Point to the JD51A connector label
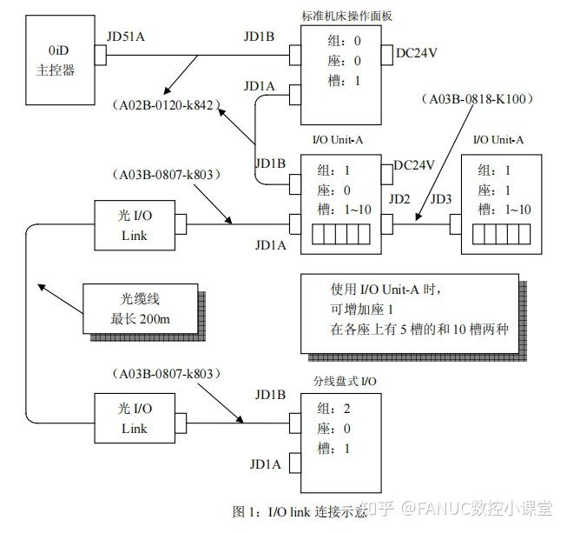coord(125,37)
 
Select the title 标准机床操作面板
coord(345,16)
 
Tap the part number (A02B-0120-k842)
coord(167,104)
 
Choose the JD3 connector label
coord(441,199)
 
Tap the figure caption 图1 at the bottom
coord(300,511)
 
